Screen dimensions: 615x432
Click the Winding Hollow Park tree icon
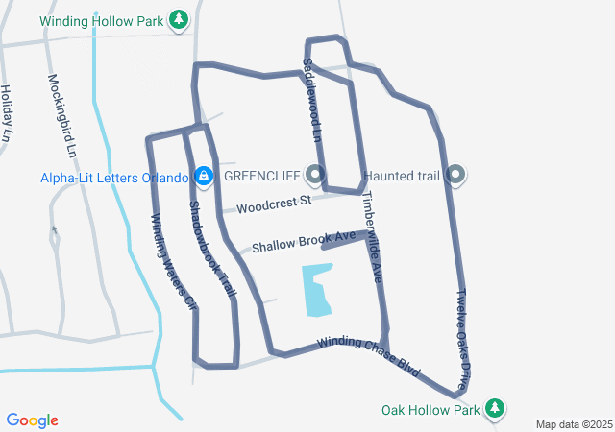pyautogui.click(x=178, y=19)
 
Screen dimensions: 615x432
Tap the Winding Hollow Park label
pyautogui.click(x=102, y=20)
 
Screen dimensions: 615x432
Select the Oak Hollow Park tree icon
pyautogui.click(x=495, y=409)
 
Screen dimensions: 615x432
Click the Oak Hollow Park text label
pyautogui.click(x=430, y=410)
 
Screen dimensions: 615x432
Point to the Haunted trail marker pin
pyautogui.click(x=456, y=176)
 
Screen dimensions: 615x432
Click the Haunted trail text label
pyautogui.click(x=402, y=177)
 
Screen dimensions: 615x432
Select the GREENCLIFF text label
pyautogui.click(x=261, y=177)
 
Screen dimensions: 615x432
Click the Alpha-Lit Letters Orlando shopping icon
pyautogui.click(x=204, y=177)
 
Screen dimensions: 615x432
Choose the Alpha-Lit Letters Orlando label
pyautogui.click(x=114, y=178)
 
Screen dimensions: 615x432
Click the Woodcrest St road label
pyautogui.click(x=275, y=204)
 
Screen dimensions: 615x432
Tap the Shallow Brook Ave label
pyautogui.click(x=304, y=241)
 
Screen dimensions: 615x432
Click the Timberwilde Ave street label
pyautogui.click(x=373, y=236)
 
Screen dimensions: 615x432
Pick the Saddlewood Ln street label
pyautogui.click(x=310, y=100)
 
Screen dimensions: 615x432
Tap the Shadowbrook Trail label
pyautogui.click(x=212, y=249)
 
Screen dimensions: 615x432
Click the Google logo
pyautogui.click(x=33, y=420)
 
